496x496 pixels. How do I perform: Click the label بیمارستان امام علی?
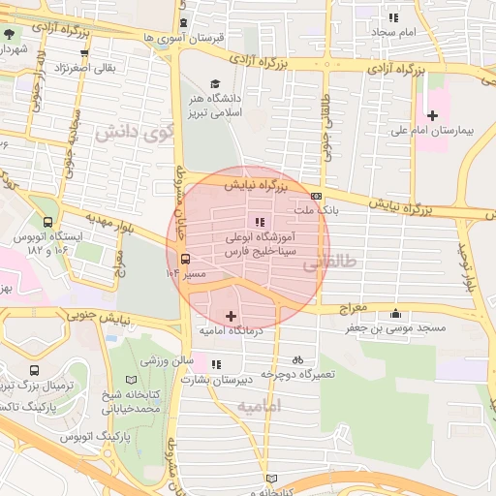tap(435, 130)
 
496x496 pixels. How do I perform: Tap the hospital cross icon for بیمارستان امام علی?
tap(432, 115)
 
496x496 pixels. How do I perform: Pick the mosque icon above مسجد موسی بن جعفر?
tap(395, 313)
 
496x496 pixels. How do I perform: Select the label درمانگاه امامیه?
tap(232, 331)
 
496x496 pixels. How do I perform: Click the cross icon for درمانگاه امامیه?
tap(231, 316)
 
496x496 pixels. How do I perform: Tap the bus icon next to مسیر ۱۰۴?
tap(184, 259)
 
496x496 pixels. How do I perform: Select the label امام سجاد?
tap(393, 32)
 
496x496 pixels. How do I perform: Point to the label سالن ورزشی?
tap(164, 360)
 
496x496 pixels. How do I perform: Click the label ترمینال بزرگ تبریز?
tap(36, 386)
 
